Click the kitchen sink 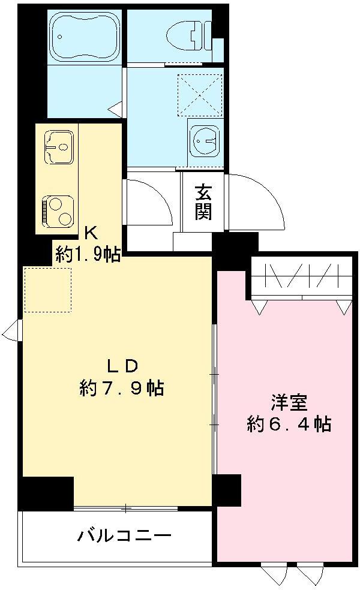point(58,146)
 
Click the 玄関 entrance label point(203,202)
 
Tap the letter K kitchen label point(90,232)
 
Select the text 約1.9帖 point(88,254)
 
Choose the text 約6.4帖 point(289,425)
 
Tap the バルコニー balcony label point(125,535)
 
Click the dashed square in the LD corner point(47,290)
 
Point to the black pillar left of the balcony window point(46,493)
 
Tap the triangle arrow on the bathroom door point(115,109)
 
